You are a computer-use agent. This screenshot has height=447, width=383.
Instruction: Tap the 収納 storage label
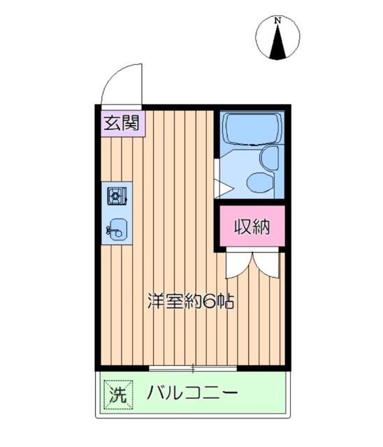point(250,227)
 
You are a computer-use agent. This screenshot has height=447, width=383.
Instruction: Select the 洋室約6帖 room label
point(189,302)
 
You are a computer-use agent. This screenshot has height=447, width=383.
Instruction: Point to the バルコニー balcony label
point(192,393)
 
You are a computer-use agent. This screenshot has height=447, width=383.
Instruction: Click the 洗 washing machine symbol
point(116,393)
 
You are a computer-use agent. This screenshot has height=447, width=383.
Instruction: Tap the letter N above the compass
point(278,21)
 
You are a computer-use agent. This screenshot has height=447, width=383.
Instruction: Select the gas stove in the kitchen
point(117,196)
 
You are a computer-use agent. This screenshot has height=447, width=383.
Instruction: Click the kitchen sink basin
point(117,227)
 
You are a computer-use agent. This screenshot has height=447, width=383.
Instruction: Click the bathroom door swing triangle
point(222,187)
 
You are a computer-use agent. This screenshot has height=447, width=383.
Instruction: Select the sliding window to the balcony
point(193,368)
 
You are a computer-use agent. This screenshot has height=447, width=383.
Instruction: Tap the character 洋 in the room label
point(156,302)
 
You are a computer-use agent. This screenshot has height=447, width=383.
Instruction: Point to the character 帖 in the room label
point(225,302)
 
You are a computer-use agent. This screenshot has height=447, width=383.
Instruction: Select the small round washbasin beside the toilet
point(268,156)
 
